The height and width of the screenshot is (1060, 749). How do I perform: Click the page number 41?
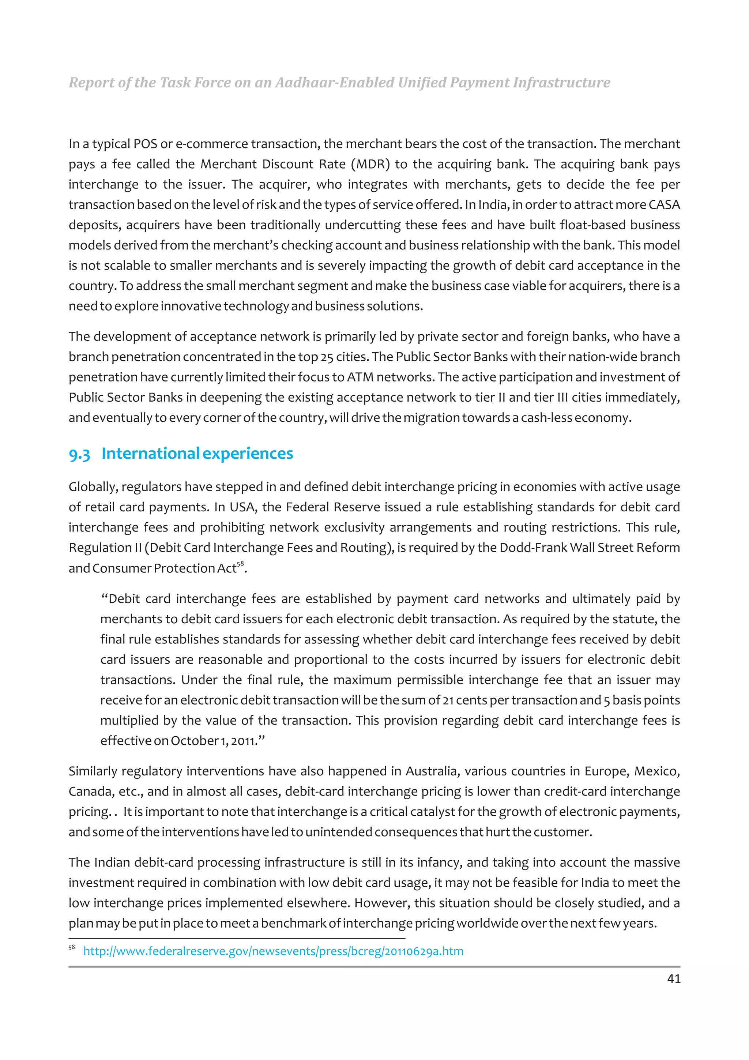673,979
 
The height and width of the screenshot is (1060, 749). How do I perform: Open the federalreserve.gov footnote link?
273,951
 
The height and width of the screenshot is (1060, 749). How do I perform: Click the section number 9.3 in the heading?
79,454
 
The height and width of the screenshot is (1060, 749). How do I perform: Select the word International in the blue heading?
150,453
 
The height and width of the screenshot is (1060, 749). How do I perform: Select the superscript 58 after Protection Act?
240,564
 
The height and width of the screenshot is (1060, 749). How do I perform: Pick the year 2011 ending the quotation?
243,741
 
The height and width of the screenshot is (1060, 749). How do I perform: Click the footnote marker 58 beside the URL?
72,947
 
